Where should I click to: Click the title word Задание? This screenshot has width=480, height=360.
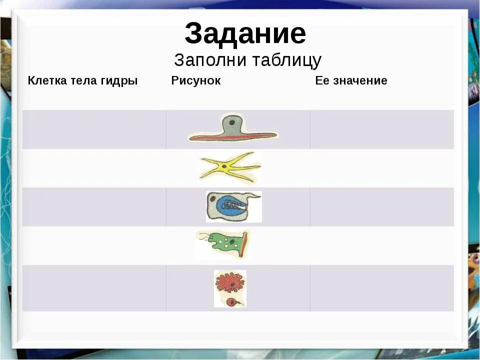click(245, 34)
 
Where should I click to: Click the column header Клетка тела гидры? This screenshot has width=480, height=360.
click(82, 80)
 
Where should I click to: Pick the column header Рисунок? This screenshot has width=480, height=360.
click(195, 80)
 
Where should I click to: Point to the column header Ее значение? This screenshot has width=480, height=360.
click(351, 80)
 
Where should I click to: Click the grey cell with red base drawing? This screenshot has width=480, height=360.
click(232, 128)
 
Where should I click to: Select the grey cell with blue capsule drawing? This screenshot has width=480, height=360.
click(233, 206)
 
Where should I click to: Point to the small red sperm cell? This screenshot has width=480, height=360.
click(232, 302)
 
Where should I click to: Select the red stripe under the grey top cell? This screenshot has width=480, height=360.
click(232, 136)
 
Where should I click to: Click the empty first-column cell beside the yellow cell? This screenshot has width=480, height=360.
click(94, 168)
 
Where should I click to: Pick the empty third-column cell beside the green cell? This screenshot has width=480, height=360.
click(381, 245)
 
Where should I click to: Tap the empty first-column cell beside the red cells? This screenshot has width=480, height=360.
click(94, 288)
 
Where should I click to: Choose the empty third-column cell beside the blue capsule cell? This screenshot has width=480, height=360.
click(381, 207)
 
